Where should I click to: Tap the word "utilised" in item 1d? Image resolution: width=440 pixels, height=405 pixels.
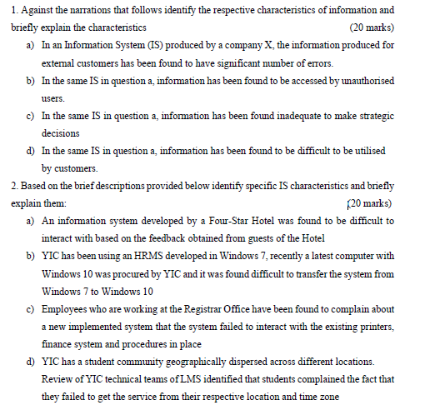tap(375, 151)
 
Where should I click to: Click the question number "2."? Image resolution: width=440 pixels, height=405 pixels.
tap(15, 186)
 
